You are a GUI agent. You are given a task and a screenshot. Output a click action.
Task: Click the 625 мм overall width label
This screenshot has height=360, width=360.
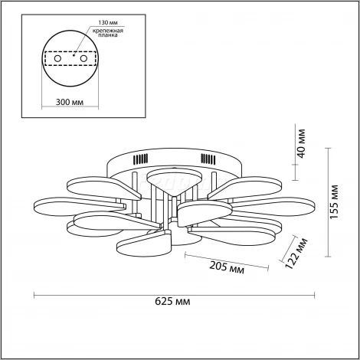coord(172,302)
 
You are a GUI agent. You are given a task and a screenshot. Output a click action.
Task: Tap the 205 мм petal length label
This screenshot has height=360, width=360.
coord(227,267)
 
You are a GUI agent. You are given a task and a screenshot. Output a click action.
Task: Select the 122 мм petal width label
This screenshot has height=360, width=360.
coord(296,254)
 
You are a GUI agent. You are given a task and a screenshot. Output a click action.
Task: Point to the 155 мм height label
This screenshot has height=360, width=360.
coord(334,202)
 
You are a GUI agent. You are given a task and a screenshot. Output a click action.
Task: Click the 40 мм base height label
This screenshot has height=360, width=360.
coord(301,144)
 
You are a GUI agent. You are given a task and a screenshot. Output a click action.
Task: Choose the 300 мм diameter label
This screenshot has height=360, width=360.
coord(70,102)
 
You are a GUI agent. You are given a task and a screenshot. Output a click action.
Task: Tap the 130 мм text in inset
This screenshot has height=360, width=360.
coord(109,23)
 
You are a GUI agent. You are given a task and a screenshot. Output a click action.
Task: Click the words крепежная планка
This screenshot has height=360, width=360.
coord(108,33)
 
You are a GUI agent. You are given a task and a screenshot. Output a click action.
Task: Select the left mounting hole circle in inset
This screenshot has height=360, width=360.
coord(57,58)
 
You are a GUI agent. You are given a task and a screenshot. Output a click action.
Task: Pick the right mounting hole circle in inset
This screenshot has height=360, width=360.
coord(83,58)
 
